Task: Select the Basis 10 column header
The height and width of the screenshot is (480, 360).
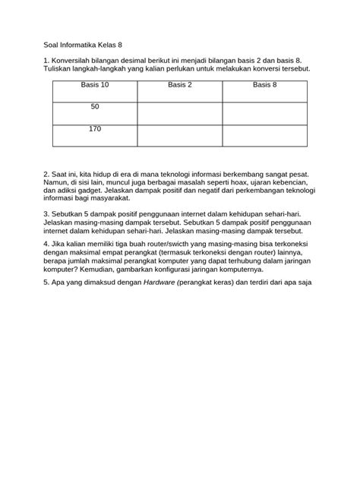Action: pos(95,85)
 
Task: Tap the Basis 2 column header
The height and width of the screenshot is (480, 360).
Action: pos(180,85)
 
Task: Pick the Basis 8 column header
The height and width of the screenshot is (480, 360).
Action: pos(265,85)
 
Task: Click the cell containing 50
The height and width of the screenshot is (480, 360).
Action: pos(95,107)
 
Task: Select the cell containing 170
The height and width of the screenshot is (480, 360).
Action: pos(95,129)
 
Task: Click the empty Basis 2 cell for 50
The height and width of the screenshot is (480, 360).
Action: pos(180,113)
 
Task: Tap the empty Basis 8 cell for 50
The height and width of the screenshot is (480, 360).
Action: pos(265,113)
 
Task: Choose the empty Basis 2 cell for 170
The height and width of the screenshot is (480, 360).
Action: pos(180,136)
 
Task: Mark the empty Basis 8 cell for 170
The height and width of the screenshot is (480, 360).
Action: pos(265,136)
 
